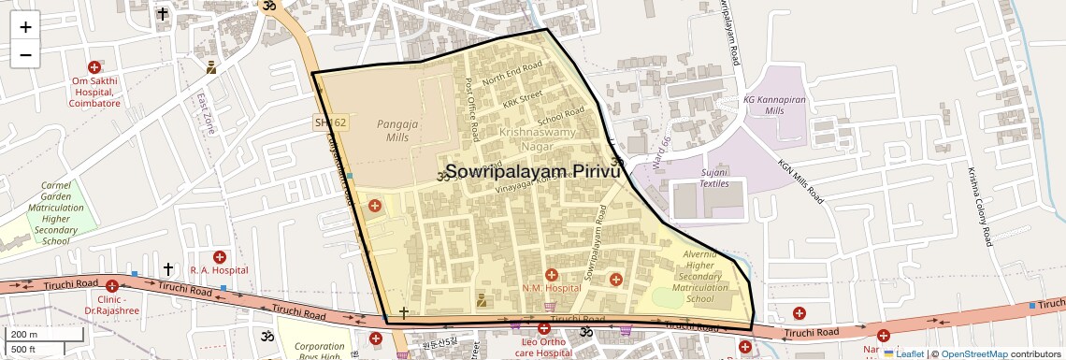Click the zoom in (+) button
point(25,26)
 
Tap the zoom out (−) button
point(25,54)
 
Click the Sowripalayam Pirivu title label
point(533,172)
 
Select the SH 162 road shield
point(330,122)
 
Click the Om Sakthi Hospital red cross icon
point(94,67)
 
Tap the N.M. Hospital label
point(552,288)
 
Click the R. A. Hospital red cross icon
point(220,257)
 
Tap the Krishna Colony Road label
point(979,207)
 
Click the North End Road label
point(512,73)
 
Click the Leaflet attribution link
point(903,353)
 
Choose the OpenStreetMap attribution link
point(973,353)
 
